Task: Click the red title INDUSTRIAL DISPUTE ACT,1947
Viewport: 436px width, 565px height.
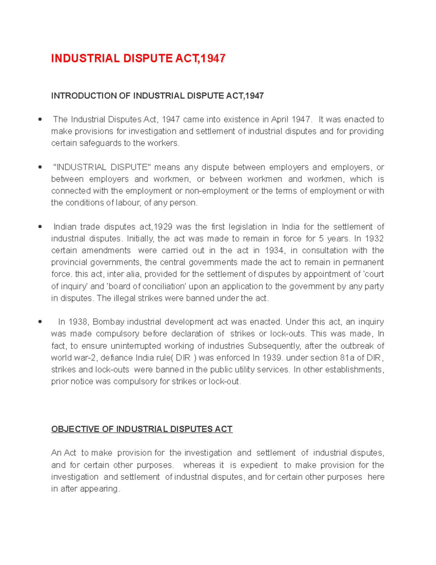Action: (x=138, y=58)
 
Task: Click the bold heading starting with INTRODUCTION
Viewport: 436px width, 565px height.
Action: (x=157, y=96)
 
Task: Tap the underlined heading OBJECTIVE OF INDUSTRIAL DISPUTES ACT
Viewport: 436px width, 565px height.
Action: (x=142, y=429)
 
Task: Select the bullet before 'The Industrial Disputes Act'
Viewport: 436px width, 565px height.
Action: (x=40, y=119)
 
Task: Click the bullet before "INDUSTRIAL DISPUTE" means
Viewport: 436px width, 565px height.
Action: (x=40, y=167)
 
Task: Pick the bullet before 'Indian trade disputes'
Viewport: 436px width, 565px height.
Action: (x=40, y=227)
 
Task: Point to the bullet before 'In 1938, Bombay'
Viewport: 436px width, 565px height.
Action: (x=40, y=322)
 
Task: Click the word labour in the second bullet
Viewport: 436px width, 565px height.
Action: (x=128, y=203)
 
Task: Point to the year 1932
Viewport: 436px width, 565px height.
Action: (x=374, y=239)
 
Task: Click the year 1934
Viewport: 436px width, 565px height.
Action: (x=275, y=251)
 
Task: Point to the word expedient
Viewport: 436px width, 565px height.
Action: (x=259, y=465)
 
